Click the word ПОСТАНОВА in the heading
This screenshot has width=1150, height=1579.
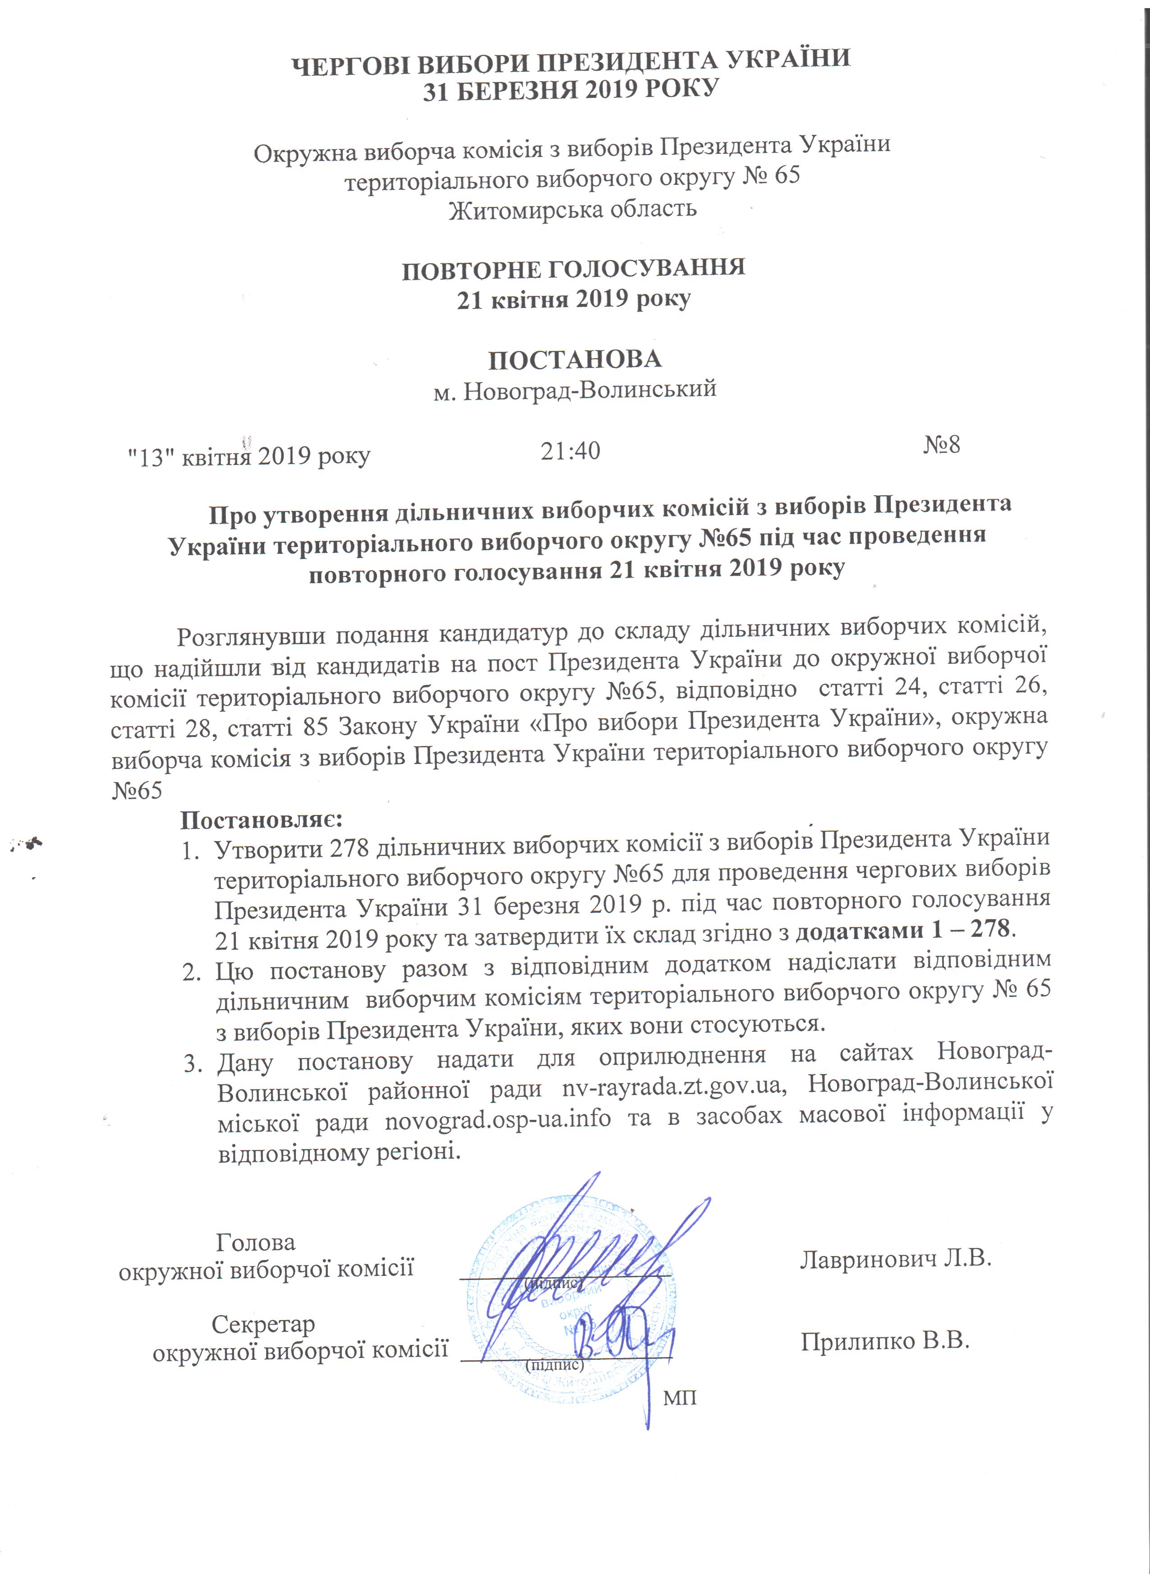coord(574,359)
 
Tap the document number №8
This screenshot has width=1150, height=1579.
coord(941,445)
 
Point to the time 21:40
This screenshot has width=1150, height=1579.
coord(570,451)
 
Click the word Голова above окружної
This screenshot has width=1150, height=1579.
coord(255,1242)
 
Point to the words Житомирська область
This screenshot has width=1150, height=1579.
coord(572,209)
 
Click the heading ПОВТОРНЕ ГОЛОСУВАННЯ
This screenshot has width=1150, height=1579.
coord(574,269)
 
